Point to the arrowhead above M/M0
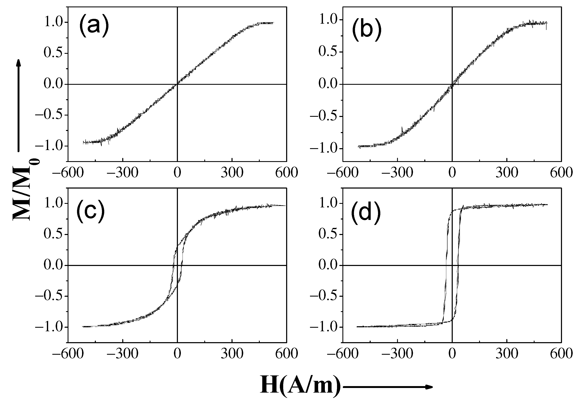click(18, 63)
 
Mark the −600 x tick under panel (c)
click(68, 354)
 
